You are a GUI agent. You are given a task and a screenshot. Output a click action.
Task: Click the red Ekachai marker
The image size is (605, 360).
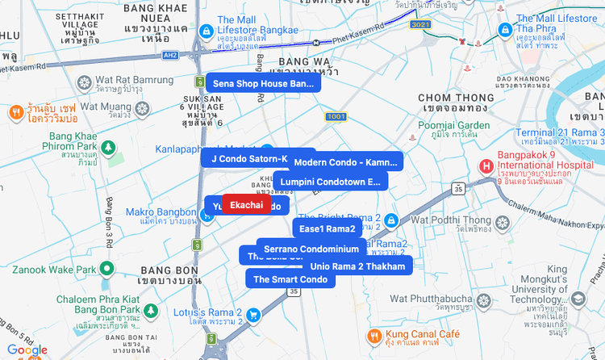click(x=246, y=205)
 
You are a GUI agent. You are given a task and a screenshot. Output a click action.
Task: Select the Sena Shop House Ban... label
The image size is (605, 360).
click(x=263, y=83)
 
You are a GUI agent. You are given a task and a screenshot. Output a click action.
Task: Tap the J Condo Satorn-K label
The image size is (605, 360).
click(x=249, y=158)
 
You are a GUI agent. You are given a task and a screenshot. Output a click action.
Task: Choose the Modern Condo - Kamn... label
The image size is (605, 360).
click(x=346, y=162)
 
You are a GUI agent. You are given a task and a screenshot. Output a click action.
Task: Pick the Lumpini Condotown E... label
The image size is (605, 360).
click(x=330, y=182)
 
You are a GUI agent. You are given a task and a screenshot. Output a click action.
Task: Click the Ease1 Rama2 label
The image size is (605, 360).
click(x=327, y=228)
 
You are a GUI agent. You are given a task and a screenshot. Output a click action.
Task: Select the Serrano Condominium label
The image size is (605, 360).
click(x=311, y=249)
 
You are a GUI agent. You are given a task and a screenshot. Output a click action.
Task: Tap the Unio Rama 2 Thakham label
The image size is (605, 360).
click(x=357, y=266)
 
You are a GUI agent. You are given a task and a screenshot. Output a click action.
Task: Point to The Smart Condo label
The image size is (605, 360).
click(x=290, y=279)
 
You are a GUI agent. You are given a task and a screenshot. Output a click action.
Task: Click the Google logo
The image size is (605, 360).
click(x=27, y=350)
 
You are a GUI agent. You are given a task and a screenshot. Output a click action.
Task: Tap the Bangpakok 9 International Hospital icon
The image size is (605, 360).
click(x=486, y=166)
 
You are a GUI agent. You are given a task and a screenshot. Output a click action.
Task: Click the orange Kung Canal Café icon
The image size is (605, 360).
click(x=373, y=335)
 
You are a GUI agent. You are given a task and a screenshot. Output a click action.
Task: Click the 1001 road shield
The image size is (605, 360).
click(x=336, y=118)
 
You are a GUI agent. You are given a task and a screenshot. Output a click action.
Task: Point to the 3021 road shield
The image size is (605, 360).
click(x=420, y=25)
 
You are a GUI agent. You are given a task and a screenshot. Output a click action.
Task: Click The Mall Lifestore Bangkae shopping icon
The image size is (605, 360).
click(x=206, y=31)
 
